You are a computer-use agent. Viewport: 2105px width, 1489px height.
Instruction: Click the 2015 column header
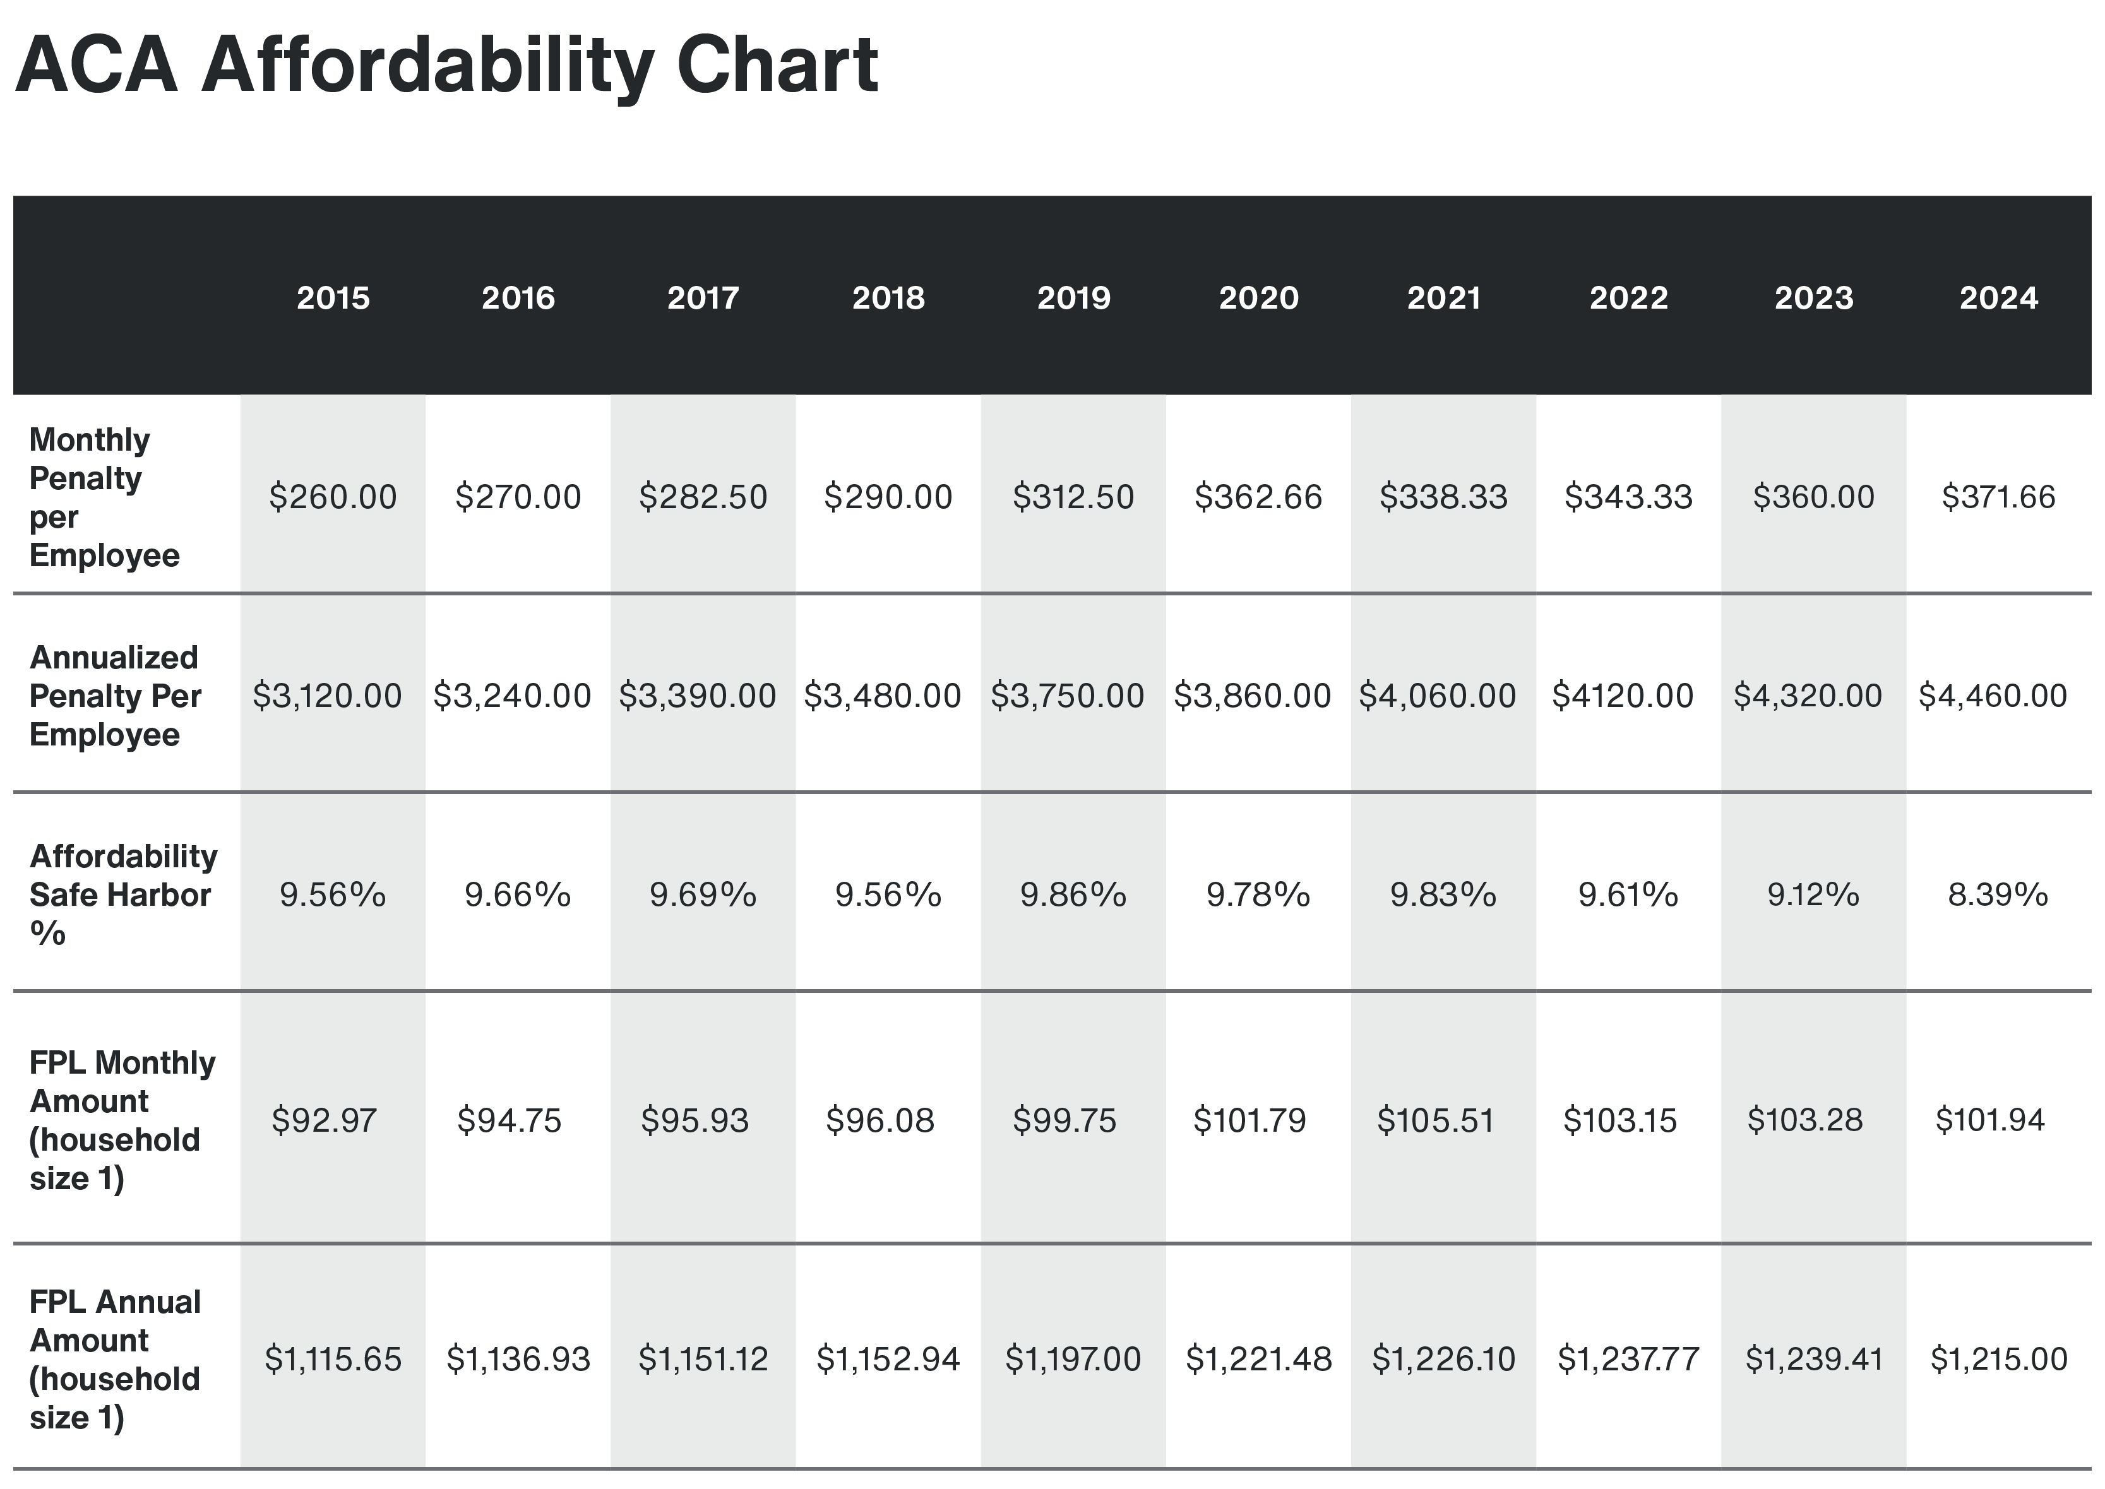click(333, 298)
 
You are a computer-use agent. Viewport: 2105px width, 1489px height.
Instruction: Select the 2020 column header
click(1258, 298)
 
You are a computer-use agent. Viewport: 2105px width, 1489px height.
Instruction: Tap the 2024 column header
click(1998, 298)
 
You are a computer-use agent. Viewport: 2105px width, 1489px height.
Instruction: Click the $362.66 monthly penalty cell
click(1258, 497)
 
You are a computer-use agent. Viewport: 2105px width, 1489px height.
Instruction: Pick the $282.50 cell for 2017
click(703, 497)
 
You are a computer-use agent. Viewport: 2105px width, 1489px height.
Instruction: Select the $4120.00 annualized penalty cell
click(1623, 696)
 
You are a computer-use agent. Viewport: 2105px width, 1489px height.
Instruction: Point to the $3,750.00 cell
click(1067, 696)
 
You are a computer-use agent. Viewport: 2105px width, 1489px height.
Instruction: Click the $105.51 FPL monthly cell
click(1436, 1120)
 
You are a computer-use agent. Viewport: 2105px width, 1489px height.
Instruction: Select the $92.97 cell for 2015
click(324, 1120)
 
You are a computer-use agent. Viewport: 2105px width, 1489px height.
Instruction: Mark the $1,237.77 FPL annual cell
click(1628, 1359)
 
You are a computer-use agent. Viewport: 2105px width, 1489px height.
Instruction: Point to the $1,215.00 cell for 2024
click(1998, 1359)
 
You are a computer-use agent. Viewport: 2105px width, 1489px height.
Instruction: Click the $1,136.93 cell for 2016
click(518, 1359)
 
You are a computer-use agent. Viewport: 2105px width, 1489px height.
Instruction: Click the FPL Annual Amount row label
click(115, 1359)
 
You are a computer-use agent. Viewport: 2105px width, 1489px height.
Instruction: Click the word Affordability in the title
click(427, 66)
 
